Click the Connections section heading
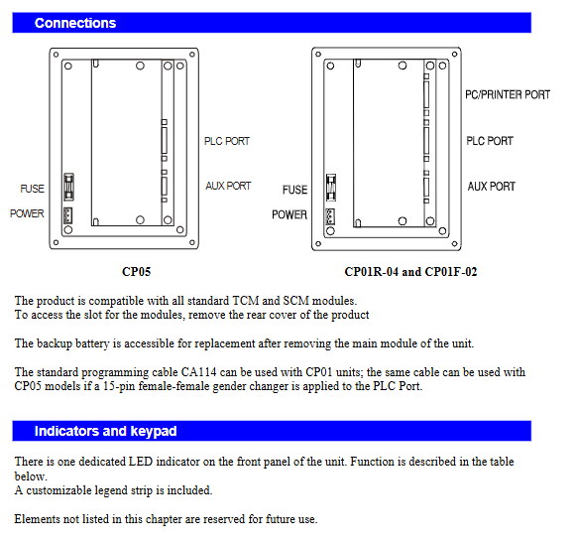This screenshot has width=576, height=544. [75, 23]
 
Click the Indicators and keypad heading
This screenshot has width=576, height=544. [105, 431]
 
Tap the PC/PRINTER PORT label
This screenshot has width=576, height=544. [508, 94]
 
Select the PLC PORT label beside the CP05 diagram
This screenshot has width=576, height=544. [227, 141]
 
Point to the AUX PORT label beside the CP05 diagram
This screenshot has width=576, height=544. [228, 186]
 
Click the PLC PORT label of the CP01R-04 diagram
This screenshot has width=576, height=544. [490, 141]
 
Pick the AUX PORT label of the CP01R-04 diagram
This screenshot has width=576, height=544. [491, 186]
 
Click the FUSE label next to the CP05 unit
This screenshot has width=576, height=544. [33, 189]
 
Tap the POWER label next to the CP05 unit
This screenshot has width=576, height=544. [27, 213]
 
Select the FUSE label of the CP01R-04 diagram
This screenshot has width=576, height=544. [294, 190]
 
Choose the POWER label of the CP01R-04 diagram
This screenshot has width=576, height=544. [289, 214]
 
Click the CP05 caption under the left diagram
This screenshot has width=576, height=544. [136, 271]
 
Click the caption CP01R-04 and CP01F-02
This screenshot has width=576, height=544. [410, 271]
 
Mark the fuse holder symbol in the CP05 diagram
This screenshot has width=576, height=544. [68, 187]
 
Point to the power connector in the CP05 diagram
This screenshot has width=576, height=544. [67, 215]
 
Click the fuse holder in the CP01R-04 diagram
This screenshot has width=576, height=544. [331, 188]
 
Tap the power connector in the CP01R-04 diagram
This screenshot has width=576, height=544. [330, 216]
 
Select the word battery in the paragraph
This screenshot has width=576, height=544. [92, 343]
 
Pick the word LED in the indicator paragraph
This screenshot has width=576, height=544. [141, 462]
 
